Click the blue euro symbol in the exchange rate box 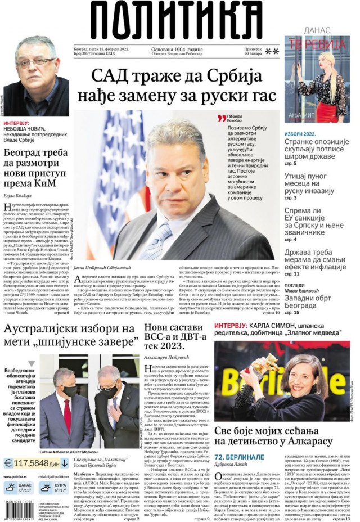[x=8, y=463]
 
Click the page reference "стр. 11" [x=292, y=273]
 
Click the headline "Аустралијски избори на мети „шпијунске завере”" [x=70, y=335]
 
